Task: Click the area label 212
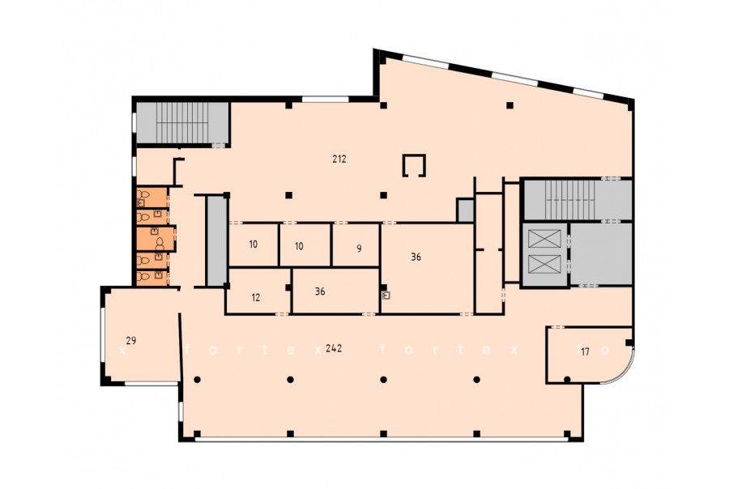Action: point(339,159)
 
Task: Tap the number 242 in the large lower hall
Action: point(334,348)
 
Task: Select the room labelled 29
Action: point(139,337)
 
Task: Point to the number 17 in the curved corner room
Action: point(585,352)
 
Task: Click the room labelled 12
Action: point(258,291)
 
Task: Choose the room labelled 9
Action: point(356,245)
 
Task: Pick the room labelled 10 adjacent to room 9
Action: point(305,245)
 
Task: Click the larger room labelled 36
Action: point(427,269)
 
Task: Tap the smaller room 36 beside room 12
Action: point(335,291)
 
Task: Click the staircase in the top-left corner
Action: point(181,123)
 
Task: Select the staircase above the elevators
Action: point(578,199)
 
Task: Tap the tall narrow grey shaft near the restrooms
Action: point(215,240)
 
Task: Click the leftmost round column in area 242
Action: point(197,380)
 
